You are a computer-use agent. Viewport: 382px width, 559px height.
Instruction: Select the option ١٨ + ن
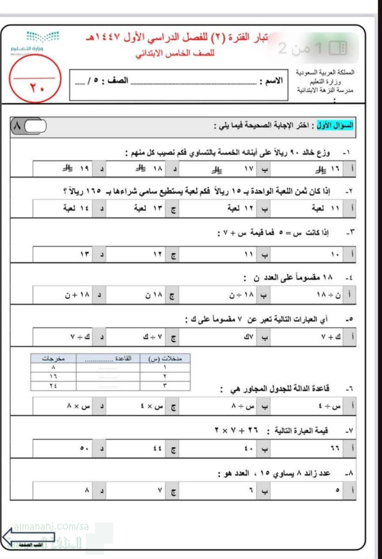pos(74,295)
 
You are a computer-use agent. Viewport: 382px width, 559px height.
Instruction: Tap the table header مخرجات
pos(54,359)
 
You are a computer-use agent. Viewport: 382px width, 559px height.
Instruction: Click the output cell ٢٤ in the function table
pos(54,386)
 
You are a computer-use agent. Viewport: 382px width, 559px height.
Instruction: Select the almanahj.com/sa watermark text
pos(51,527)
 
